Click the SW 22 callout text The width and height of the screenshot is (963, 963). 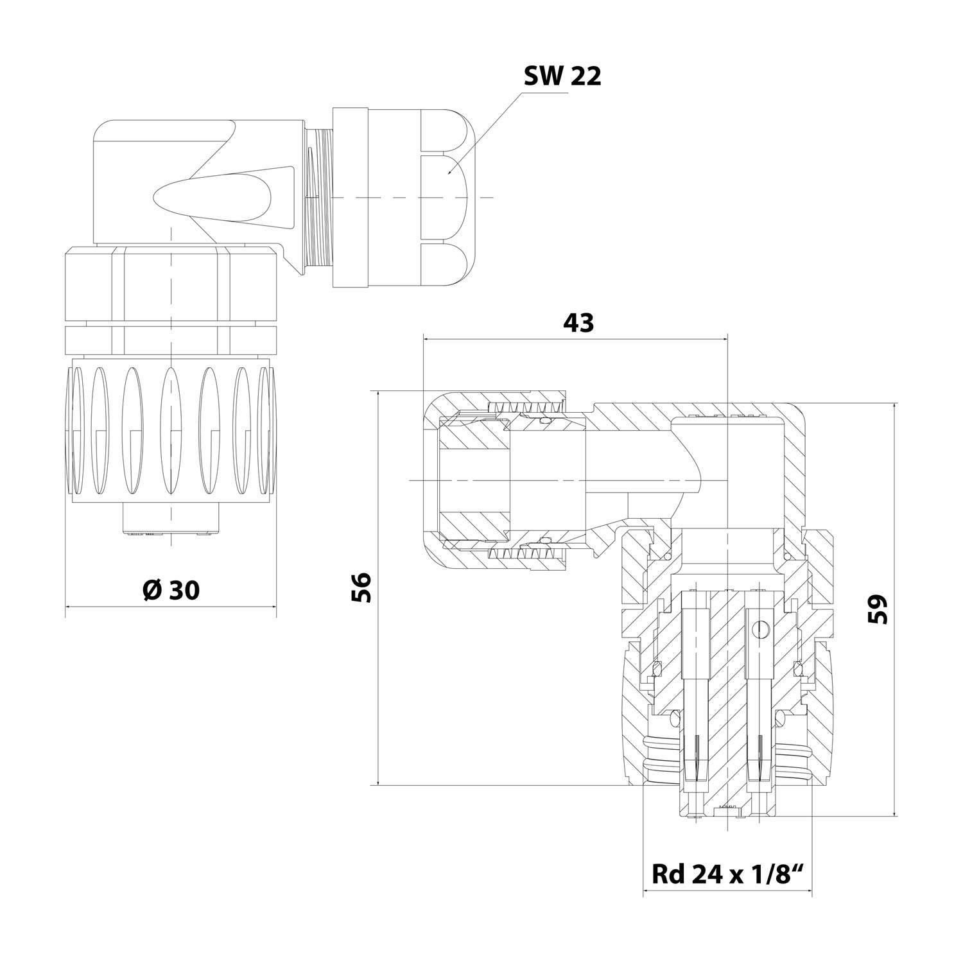point(562,76)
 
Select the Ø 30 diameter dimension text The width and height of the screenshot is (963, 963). point(171,590)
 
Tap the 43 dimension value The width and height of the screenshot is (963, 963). point(578,323)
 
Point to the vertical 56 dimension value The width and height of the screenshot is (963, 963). point(361,586)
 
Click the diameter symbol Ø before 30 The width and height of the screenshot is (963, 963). point(152,590)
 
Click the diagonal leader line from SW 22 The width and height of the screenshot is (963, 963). point(488,128)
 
